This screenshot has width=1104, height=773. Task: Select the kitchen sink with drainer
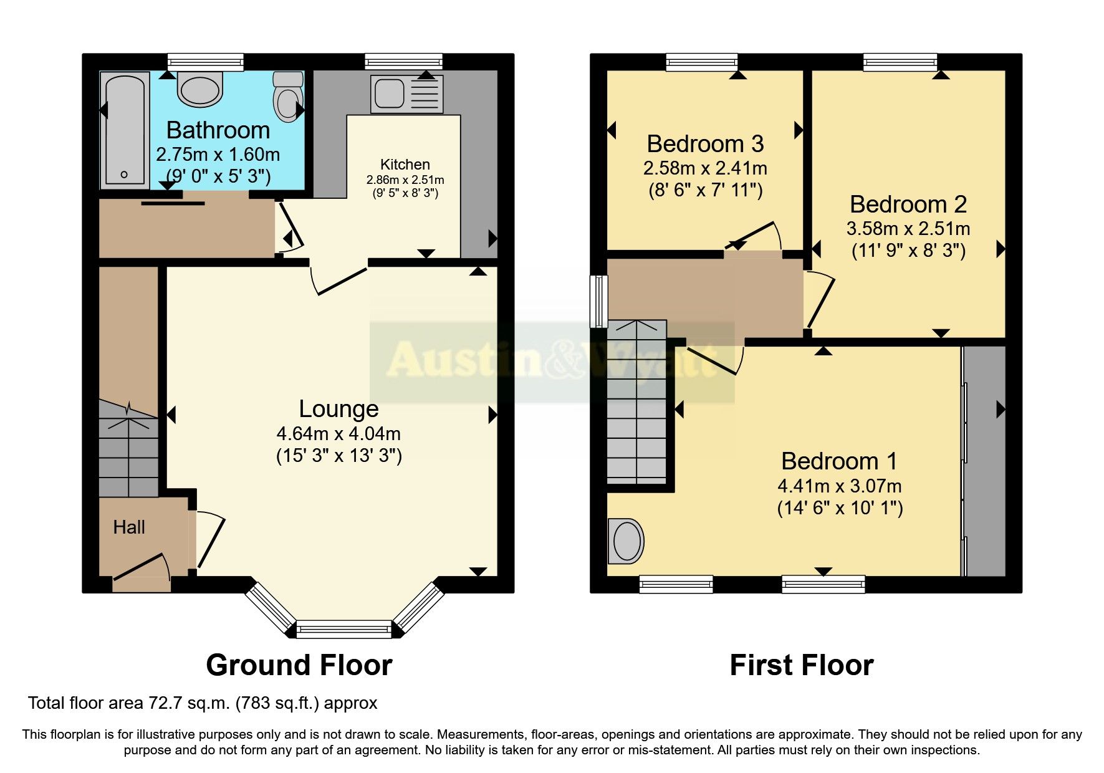pyautogui.click(x=406, y=94)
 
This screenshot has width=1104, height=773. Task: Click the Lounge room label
pyautogui.click(x=338, y=409)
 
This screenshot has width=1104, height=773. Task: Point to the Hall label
pyautogui.click(x=129, y=527)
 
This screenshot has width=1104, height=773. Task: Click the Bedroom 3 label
pyautogui.click(x=705, y=144)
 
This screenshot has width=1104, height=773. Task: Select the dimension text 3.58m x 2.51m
pyautogui.click(x=908, y=229)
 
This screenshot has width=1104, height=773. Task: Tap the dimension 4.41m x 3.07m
pyautogui.click(x=839, y=486)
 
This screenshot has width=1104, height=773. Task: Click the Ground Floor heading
pyautogui.click(x=299, y=665)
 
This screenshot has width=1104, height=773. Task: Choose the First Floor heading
pyautogui.click(x=801, y=665)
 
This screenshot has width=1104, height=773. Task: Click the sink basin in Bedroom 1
pyautogui.click(x=626, y=540)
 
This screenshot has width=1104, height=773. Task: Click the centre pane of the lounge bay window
pyautogui.click(x=343, y=630)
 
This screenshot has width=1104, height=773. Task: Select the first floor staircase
pyautogui.click(x=636, y=405)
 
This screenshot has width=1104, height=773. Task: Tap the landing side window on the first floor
pyautogui.click(x=599, y=301)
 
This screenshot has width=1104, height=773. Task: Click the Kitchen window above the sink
pyautogui.click(x=403, y=61)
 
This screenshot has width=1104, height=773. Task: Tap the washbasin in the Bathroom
pyautogui.click(x=200, y=89)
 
